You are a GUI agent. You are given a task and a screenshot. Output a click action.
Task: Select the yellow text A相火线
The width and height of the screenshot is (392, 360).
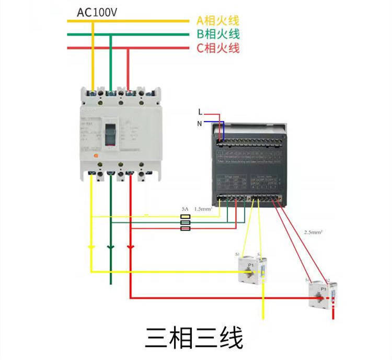[217, 21]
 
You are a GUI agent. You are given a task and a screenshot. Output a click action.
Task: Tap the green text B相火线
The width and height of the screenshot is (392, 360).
[217, 35]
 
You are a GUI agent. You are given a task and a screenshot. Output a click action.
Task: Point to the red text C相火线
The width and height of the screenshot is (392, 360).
[217, 49]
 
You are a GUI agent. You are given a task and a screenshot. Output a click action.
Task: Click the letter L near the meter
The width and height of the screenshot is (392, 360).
[200, 111]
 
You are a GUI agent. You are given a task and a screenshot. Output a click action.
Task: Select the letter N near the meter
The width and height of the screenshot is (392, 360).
[199, 123]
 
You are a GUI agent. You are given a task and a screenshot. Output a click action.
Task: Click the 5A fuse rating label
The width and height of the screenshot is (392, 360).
[185, 208]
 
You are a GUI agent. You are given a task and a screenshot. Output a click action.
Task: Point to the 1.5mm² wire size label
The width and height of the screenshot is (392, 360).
[203, 208]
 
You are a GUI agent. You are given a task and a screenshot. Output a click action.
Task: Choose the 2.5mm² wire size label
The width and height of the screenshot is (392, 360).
[313, 231]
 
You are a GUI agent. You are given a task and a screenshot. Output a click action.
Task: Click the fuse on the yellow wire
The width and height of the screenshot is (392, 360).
[185, 216]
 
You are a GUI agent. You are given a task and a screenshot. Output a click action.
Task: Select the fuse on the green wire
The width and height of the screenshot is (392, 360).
[185, 222]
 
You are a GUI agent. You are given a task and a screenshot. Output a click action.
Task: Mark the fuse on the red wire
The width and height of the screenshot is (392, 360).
[185, 228]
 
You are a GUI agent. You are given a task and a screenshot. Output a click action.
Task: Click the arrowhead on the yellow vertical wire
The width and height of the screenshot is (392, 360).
[91, 246]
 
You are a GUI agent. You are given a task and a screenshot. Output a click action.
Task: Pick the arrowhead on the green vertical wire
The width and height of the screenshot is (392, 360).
[110, 246]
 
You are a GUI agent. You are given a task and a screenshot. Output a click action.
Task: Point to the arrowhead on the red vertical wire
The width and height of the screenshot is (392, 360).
[130, 246]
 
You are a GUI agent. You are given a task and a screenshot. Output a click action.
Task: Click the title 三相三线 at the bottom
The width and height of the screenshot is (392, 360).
[194, 338]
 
